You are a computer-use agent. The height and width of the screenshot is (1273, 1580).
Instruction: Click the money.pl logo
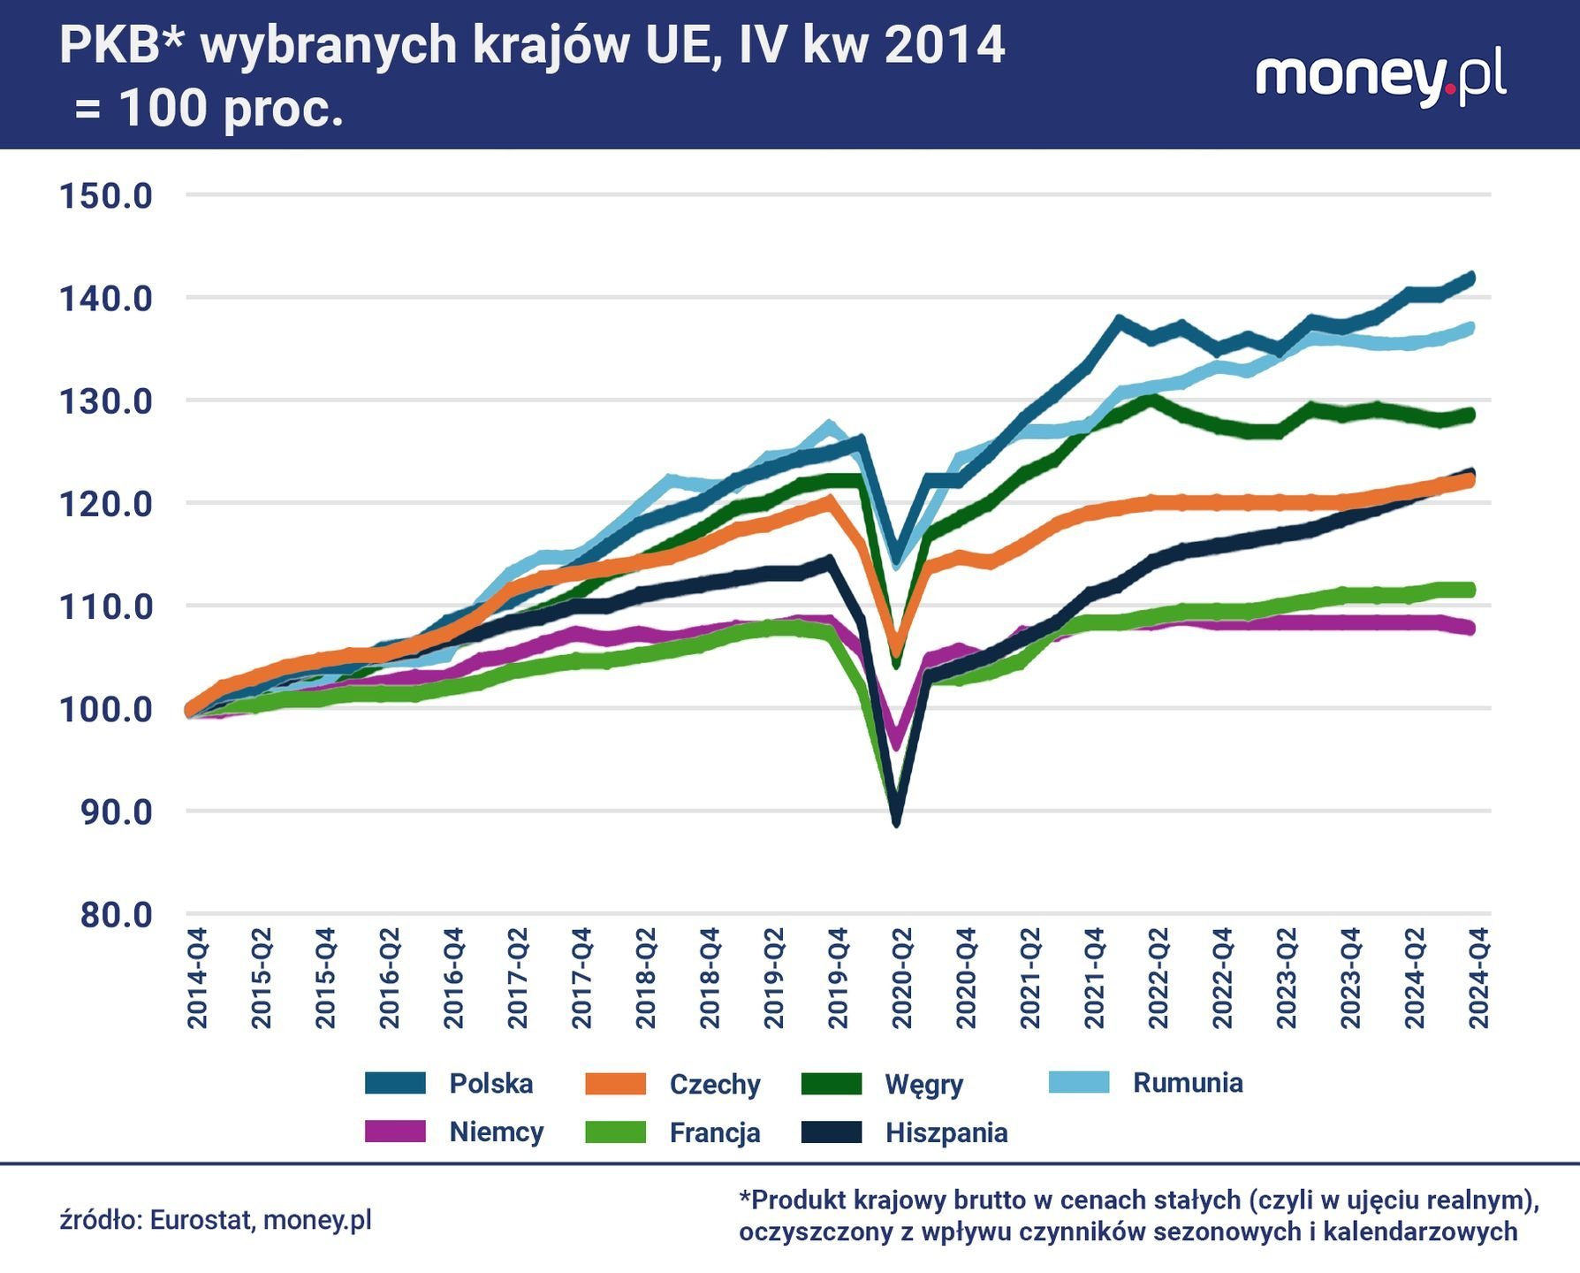[x=1380, y=79]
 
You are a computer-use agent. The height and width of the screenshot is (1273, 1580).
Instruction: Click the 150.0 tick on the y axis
[x=106, y=195]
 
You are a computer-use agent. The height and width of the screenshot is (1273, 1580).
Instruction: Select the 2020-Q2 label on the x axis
[x=901, y=979]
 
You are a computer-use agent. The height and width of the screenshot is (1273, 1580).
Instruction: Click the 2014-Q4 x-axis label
[x=197, y=979]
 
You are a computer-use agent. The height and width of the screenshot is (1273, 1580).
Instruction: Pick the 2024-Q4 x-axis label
[x=1478, y=979]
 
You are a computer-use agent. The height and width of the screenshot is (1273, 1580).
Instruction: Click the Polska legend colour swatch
[x=395, y=1083]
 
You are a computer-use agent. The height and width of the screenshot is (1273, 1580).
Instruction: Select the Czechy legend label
[x=715, y=1084]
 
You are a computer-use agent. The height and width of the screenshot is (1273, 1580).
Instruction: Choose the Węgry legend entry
[x=923, y=1084]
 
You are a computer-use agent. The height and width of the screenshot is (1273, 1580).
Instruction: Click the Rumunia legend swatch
[x=1079, y=1083]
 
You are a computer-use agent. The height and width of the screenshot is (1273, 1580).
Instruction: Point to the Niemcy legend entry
[x=496, y=1132]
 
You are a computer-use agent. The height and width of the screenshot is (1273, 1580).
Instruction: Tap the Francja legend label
[x=715, y=1132]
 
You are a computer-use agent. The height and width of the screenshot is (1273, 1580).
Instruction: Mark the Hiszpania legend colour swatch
[x=832, y=1132]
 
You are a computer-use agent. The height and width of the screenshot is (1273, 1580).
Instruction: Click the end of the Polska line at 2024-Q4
[x=1471, y=278]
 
